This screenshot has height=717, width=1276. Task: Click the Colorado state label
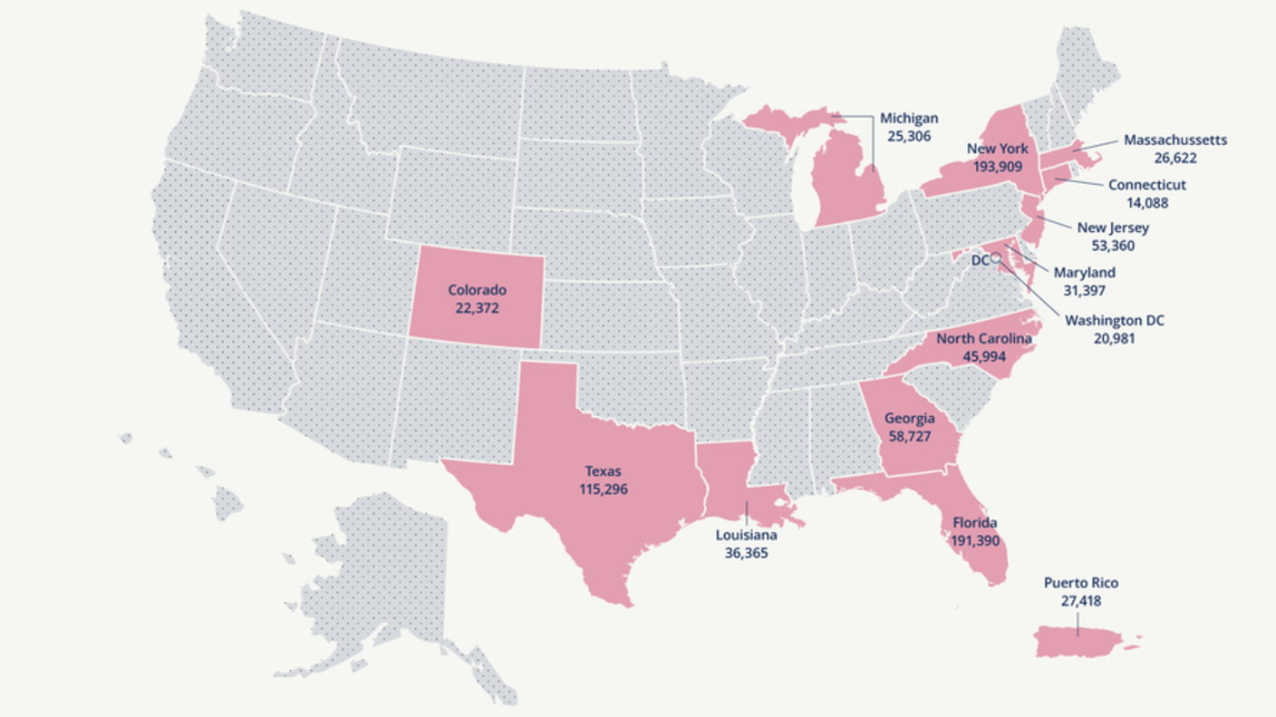tap(477, 290)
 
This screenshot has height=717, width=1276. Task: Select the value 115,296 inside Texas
tap(603, 489)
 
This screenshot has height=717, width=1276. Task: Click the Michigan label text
tap(909, 119)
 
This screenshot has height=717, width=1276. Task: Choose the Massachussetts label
tap(1175, 140)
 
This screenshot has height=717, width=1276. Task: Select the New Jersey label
tap(1113, 227)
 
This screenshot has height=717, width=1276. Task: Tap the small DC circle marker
tap(995, 258)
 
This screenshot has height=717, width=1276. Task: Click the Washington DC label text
tap(1114, 320)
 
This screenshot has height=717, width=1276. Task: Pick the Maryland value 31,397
tap(1084, 290)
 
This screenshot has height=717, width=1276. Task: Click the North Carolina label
tap(983, 338)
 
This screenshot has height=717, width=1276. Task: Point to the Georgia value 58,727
tap(909, 436)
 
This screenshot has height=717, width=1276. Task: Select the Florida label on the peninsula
tap(974, 523)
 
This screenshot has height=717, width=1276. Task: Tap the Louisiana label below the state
tap(746, 534)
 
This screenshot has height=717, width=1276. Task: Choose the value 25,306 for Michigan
tap(909, 136)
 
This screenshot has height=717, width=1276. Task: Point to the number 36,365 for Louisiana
tap(746, 551)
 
